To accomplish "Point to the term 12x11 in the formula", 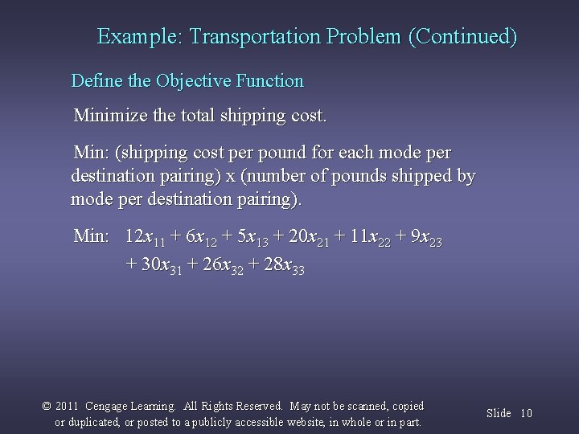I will (146, 238).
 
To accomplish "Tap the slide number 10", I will (527, 413).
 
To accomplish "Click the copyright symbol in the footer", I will (47, 407).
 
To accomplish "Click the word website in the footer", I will (316, 422).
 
